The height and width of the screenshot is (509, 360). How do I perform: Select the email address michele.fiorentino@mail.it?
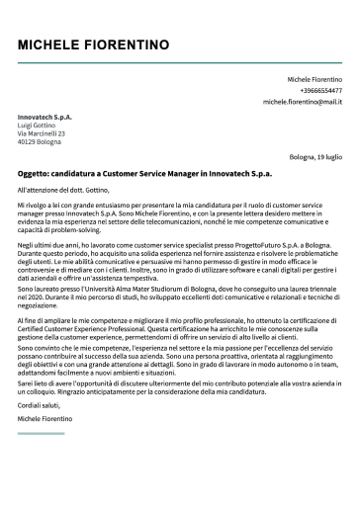click(x=302, y=102)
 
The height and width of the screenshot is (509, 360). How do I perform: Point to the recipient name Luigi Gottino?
click(x=38, y=126)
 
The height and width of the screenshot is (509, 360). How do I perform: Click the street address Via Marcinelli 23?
click(x=42, y=133)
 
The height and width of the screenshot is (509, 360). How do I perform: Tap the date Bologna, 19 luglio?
click(x=315, y=157)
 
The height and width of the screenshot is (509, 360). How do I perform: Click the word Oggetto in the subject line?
click(x=34, y=173)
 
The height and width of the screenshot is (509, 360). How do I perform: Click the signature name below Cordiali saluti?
click(x=45, y=419)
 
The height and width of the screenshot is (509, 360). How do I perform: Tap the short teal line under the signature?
click(x=41, y=433)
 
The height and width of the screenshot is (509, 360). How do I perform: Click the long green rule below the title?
click(x=179, y=62)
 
